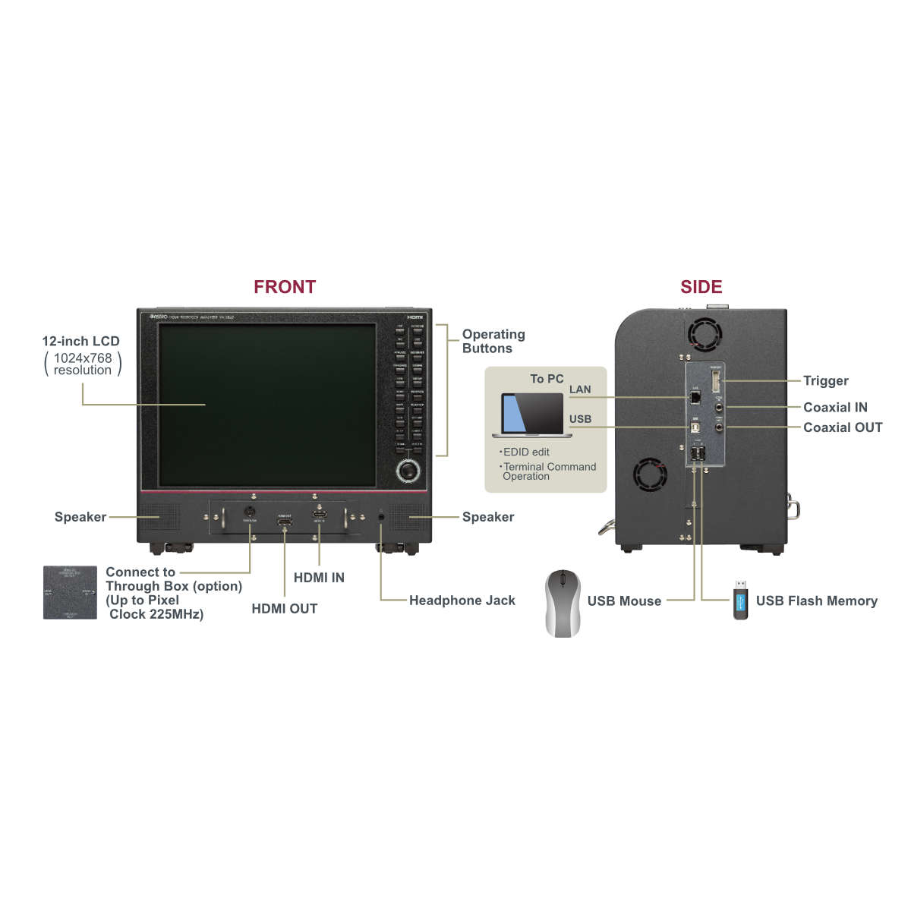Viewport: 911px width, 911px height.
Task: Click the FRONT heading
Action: pyautogui.click(x=285, y=287)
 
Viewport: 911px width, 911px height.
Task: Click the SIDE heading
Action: pyautogui.click(x=701, y=287)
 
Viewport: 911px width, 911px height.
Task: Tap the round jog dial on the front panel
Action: pyautogui.click(x=408, y=471)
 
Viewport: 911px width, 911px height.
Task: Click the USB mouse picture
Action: pyautogui.click(x=563, y=603)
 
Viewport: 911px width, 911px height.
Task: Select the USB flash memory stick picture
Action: pyautogui.click(x=740, y=600)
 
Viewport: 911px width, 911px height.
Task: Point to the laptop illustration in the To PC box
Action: pyautogui.click(x=531, y=415)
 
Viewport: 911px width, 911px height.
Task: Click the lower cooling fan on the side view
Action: pyautogui.click(x=650, y=475)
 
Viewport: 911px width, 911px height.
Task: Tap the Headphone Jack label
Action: pyautogui.click(x=462, y=601)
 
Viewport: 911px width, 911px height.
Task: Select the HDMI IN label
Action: pyautogui.click(x=319, y=578)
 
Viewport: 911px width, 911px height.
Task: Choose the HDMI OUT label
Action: pyautogui.click(x=284, y=609)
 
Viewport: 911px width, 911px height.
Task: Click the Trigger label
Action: pyautogui.click(x=825, y=381)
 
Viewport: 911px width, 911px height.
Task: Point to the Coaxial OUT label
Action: pyautogui.click(x=843, y=427)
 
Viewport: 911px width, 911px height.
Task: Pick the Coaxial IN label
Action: pyautogui.click(x=835, y=408)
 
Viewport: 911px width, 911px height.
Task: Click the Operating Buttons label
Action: pyautogui.click(x=493, y=342)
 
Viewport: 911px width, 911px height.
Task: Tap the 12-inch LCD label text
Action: pyautogui.click(x=80, y=342)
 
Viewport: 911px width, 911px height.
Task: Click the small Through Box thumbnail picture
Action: pyautogui.click(x=70, y=592)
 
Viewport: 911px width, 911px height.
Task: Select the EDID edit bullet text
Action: pyautogui.click(x=525, y=452)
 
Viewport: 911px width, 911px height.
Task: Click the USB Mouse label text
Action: pyautogui.click(x=624, y=601)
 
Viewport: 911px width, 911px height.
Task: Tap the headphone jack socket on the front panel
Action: pyautogui.click(x=381, y=516)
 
